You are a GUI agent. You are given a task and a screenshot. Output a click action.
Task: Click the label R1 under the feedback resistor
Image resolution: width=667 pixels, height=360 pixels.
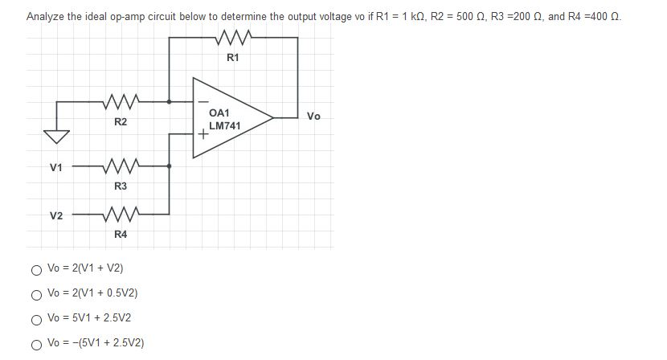233,58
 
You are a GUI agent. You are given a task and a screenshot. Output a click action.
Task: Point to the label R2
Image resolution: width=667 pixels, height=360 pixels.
120,122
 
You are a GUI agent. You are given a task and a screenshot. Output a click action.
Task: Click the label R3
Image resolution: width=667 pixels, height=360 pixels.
120,186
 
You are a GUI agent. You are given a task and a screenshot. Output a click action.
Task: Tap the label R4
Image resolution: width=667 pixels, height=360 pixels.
120,235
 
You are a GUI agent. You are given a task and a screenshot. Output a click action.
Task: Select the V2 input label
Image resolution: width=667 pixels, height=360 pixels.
55,215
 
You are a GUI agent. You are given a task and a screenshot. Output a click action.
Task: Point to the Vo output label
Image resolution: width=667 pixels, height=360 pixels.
313,117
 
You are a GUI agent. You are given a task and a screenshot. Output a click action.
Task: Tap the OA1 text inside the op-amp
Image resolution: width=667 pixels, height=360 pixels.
219,113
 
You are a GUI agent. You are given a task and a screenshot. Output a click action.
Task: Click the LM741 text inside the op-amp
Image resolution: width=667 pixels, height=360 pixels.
224,126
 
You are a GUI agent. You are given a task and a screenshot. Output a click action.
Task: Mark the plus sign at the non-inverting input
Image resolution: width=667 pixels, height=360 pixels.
204,135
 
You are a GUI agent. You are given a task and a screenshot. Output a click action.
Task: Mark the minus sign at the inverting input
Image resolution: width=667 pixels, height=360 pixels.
203,102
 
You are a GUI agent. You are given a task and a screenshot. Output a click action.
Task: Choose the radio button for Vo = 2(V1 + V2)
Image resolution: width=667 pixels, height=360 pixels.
37,268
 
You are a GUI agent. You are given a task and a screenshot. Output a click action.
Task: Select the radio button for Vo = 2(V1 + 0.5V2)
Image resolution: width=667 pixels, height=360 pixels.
37,293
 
